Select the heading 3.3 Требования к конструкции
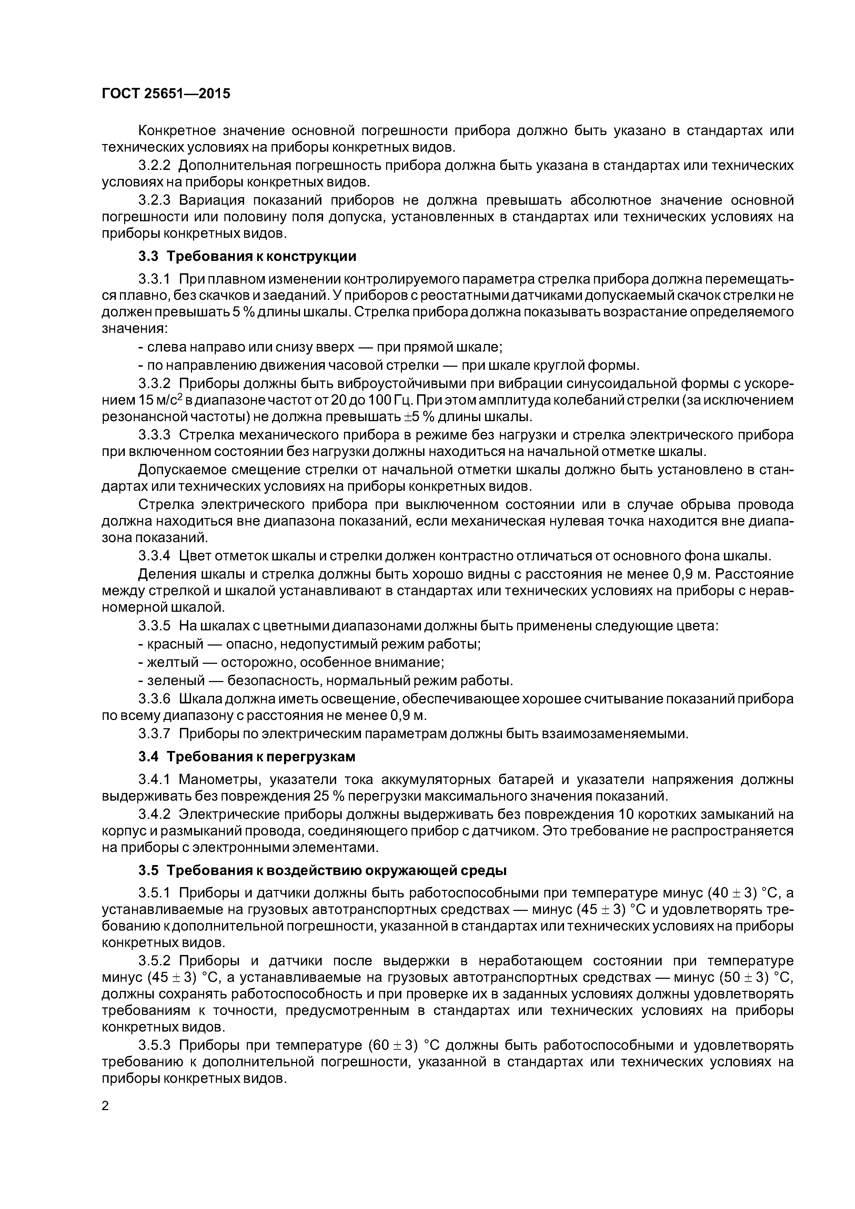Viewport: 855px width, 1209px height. (x=247, y=256)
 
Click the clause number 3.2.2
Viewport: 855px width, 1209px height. (x=154, y=165)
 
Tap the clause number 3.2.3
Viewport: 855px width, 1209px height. (x=154, y=200)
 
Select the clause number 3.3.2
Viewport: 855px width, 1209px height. (x=154, y=383)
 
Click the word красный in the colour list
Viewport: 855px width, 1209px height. (x=175, y=644)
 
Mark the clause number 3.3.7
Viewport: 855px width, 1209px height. (x=154, y=733)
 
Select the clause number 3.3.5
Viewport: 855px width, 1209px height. (x=154, y=626)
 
